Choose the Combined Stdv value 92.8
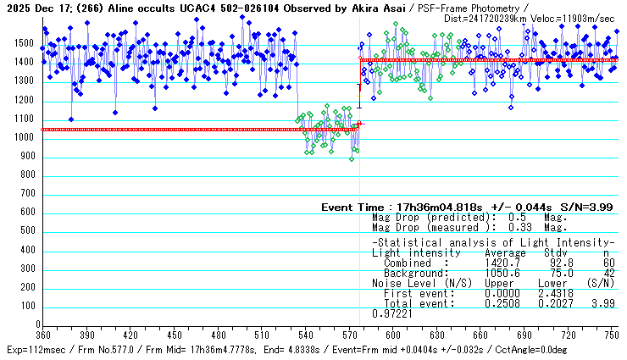tap(553, 263)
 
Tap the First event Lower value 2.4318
tap(553, 294)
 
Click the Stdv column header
tap(555, 253)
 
